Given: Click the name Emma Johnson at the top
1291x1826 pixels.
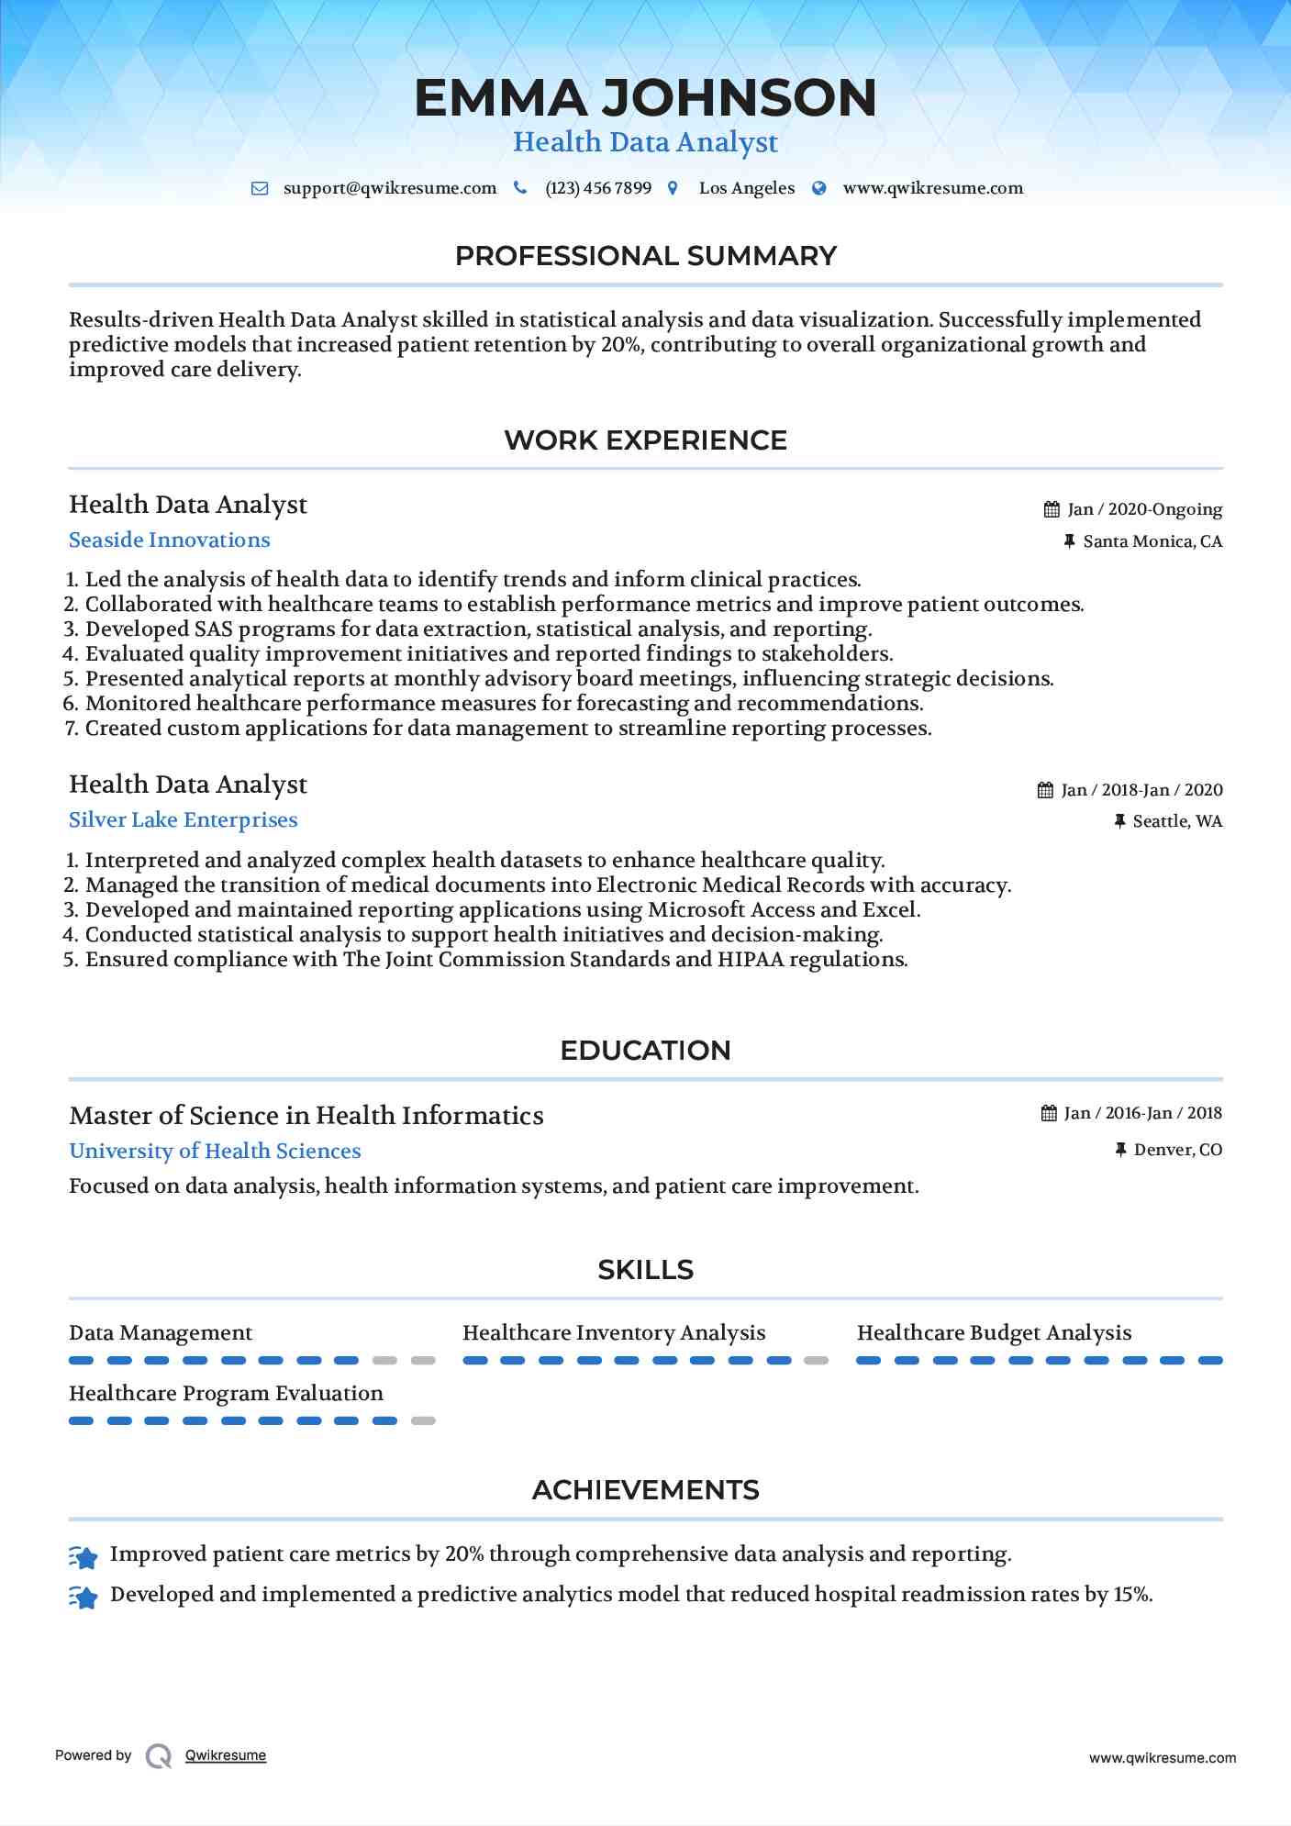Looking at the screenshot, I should coord(645,98).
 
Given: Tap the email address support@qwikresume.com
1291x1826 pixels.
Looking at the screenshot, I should coord(389,188).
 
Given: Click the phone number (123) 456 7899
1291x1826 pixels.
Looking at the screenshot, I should coord(598,188).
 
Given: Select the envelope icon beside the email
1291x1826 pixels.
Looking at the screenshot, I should coord(260,188).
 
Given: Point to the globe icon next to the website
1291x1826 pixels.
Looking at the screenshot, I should coord(819,188).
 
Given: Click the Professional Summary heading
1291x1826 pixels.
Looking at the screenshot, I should coord(645,256).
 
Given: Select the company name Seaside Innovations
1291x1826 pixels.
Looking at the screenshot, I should coord(170,540).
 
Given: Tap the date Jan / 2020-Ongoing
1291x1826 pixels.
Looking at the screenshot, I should coord(1144,509).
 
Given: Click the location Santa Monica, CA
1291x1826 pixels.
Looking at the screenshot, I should coord(1152,541).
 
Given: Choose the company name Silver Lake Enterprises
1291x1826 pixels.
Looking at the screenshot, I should coord(184,820).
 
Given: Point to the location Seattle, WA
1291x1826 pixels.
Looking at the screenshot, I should coord(1177,821).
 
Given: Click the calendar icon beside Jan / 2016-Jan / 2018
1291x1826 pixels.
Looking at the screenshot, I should coord(1049,1113).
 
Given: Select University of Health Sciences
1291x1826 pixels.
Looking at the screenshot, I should coord(215,1152).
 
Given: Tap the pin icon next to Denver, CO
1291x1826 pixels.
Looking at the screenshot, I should coord(1120,1150).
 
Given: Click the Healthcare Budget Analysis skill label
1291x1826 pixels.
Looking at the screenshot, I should coord(994,1333).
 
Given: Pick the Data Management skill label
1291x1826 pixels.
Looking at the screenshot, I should coord(161,1333).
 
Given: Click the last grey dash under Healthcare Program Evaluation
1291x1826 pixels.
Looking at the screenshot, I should coord(423,1420).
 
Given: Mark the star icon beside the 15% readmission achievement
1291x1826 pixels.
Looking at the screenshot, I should coord(83,1598).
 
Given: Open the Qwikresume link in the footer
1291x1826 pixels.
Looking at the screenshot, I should coord(226,1755).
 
